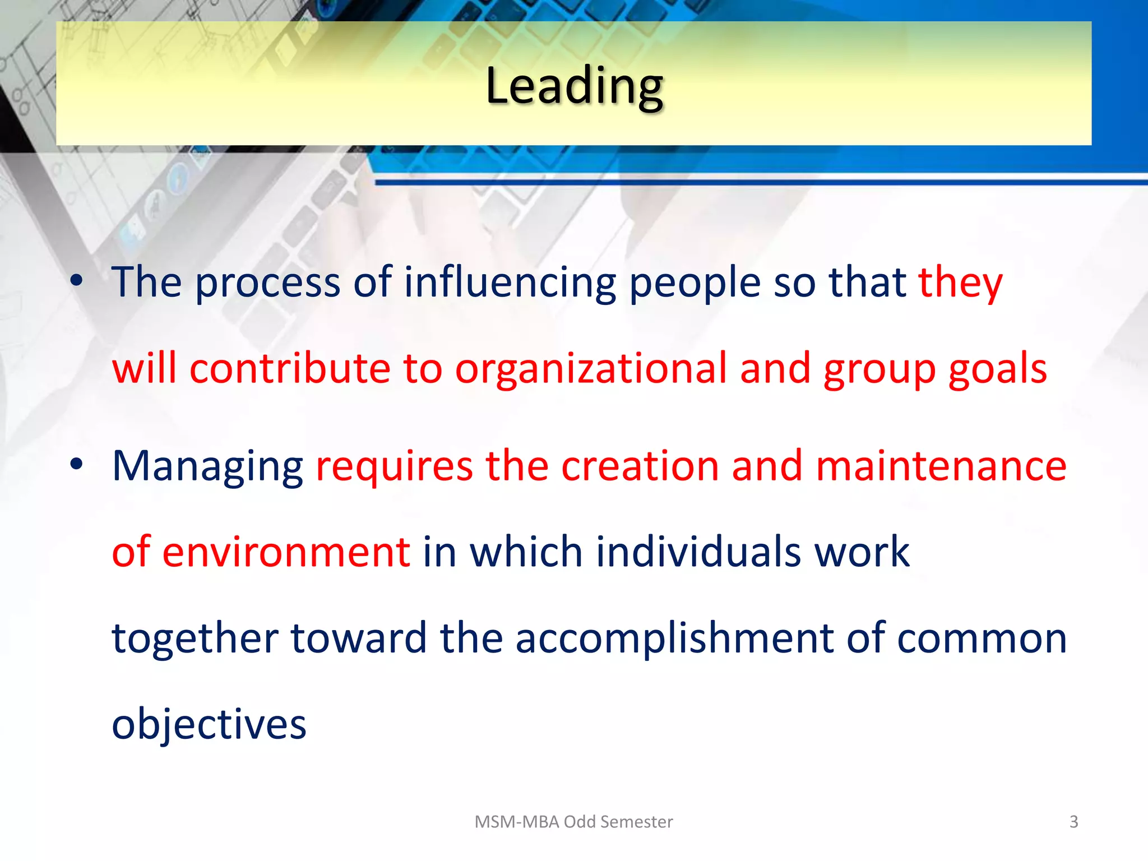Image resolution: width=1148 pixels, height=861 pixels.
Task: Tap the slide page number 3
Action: tap(1073, 822)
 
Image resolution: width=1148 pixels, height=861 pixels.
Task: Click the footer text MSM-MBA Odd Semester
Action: tap(573, 822)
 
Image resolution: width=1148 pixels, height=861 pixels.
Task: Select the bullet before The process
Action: tap(77, 280)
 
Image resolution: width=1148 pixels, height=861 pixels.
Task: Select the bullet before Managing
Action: tap(77, 464)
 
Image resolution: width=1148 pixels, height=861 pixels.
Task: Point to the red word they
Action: tap(960, 283)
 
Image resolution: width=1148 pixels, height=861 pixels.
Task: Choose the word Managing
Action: tap(207, 467)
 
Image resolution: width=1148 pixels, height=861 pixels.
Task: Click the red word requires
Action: tap(394, 467)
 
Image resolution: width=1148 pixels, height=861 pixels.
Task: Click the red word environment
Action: tap(286, 552)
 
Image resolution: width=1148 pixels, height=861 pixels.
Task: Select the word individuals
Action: tap(698, 552)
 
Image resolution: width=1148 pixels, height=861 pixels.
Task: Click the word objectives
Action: tap(209, 724)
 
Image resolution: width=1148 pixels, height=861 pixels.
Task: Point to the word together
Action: tap(195, 639)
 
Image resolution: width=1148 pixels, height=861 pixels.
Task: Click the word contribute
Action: tap(290, 369)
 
